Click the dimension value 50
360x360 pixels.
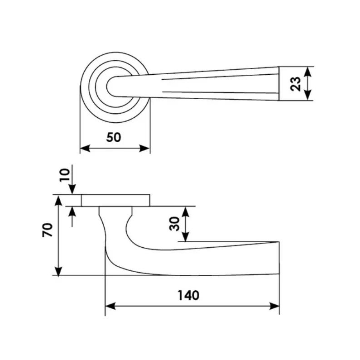point(113,137)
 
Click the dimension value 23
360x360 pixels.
point(296,84)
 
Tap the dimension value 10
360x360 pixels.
point(64,175)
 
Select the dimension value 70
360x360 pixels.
point(48,230)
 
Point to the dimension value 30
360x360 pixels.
point(174,224)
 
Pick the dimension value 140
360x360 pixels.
point(188,295)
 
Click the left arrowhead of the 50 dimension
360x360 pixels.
point(85,148)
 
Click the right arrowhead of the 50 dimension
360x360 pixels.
point(144,148)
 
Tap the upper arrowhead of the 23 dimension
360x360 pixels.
point(308,72)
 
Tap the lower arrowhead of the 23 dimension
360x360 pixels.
point(308,96)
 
